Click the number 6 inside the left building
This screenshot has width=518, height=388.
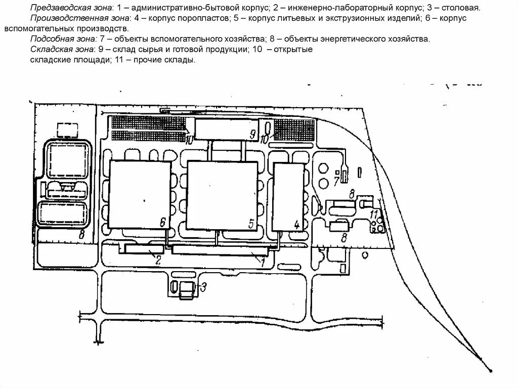tap(162, 221)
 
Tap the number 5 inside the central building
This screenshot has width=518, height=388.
tap(251, 223)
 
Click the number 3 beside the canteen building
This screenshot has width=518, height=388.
tap(203, 288)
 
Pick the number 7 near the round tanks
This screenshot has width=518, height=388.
tap(336, 181)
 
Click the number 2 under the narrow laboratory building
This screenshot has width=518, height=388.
tap(158, 260)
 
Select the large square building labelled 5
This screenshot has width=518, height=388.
tap(222, 195)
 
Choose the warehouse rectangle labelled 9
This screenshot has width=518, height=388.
tap(225, 129)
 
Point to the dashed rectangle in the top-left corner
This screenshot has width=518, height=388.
tap(67, 130)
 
